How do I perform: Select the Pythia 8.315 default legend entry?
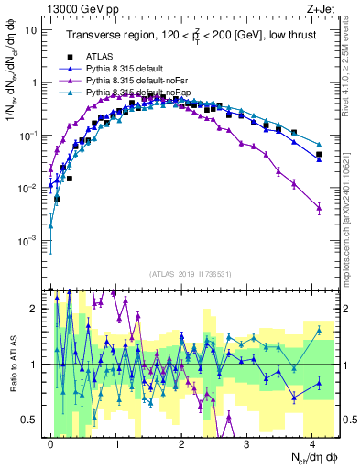click(125, 69)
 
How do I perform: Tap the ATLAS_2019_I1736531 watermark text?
click(184, 275)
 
